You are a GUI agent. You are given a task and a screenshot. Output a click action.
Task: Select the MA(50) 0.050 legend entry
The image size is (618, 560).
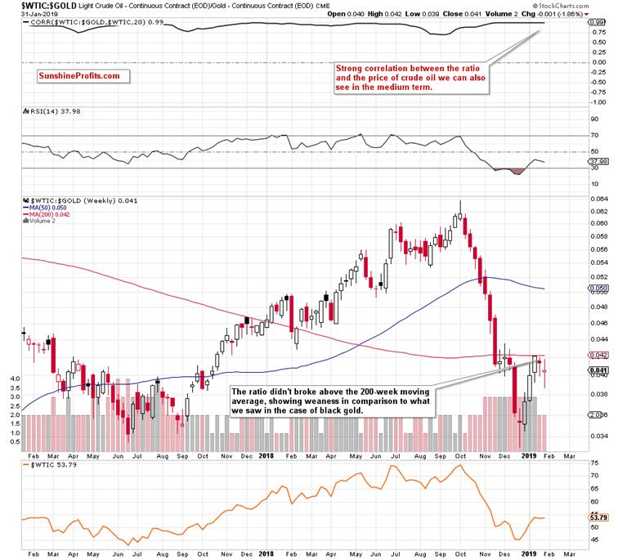(x=51, y=208)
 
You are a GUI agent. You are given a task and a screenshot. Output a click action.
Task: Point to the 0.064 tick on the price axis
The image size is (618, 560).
(x=598, y=198)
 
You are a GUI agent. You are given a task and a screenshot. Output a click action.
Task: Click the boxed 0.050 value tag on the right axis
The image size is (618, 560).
(x=598, y=289)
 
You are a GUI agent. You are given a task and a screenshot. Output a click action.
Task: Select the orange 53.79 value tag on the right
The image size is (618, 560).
(x=599, y=517)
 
